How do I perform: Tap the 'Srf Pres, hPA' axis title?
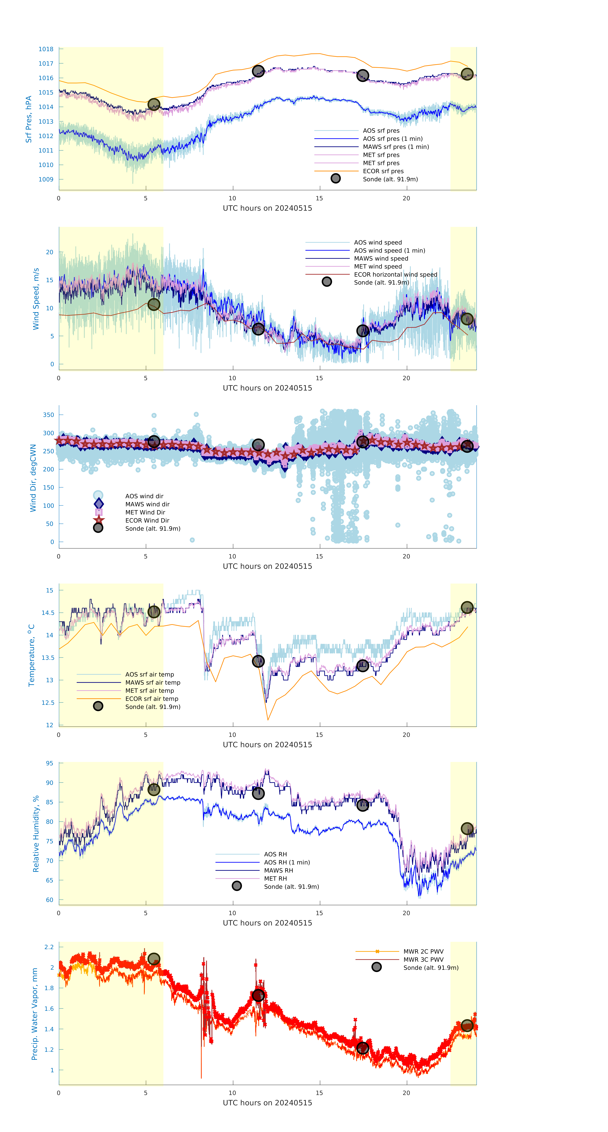(x=29, y=119)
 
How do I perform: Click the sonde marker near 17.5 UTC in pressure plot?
(x=362, y=76)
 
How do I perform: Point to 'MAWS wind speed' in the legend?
(x=381, y=258)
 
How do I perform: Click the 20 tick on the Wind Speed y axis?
(x=50, y=252)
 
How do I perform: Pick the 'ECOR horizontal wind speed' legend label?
(x=395, y=275)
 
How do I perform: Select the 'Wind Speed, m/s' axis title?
(x=36, y=299)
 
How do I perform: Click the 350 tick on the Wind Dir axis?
(x=48, y=415)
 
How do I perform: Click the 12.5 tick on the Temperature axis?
(x=48, y=703)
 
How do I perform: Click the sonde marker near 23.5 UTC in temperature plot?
(x=467, y=608)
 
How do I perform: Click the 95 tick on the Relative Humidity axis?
(x=50, y=763)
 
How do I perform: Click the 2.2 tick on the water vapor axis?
(x=49, y=947)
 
